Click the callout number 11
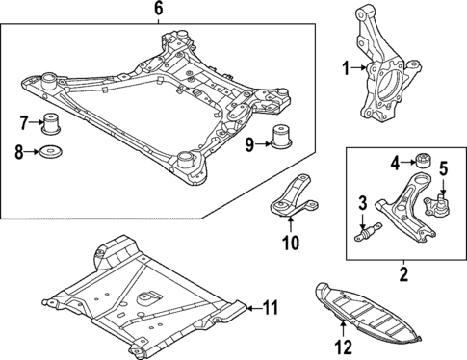[271, 308]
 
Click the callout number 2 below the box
[405, 275]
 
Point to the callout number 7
[25, 121]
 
